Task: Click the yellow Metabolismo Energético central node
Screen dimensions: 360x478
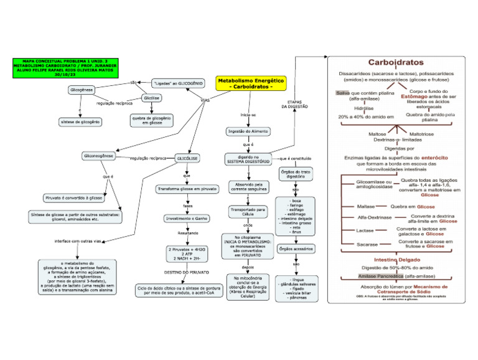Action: click(x=251, y=84)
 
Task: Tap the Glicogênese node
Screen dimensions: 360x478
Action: click(x=82, y=90)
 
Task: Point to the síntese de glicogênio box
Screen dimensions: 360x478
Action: click(x=80, y=121)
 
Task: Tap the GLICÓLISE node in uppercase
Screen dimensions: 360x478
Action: click(x=187, y=158)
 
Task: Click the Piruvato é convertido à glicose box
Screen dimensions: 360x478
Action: click(x=74, y=197)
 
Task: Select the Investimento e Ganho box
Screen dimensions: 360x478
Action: click(x=187, y=219)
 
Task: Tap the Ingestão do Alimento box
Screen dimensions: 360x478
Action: click(x=248, y=131)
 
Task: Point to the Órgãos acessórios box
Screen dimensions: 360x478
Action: click(x=296, y=250)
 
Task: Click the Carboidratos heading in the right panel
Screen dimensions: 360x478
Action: click(x=396, y=62)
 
